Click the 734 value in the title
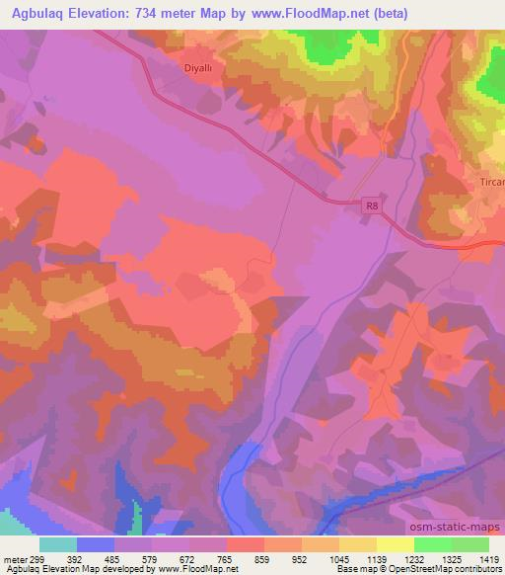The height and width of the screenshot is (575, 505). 151,13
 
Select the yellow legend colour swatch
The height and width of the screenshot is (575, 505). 395,543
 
